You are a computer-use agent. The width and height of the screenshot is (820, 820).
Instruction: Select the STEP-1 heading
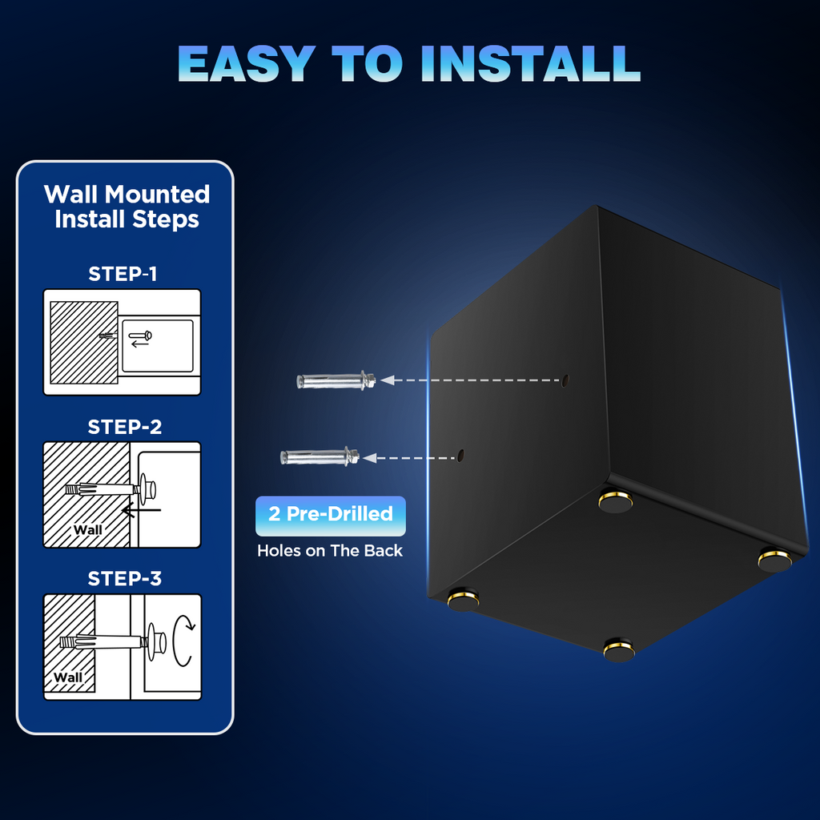pos(123,274)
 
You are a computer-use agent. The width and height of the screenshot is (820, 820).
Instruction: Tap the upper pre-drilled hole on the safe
pos(565,380)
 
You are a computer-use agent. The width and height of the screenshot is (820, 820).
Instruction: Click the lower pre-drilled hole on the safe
pos(461,456)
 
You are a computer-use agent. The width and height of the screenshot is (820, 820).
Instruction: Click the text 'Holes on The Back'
pos(330,551)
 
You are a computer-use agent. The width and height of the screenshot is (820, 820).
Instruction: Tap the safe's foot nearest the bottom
pos(618,649)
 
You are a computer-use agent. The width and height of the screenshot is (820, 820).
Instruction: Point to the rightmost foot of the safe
pos(774,559)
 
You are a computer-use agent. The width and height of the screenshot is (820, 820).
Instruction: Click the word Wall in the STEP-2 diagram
pos(88,529)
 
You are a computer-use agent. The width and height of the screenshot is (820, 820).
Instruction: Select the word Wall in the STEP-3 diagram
pos(68,677)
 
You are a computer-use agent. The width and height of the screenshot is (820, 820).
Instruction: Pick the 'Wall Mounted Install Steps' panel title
pos(127,206)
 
